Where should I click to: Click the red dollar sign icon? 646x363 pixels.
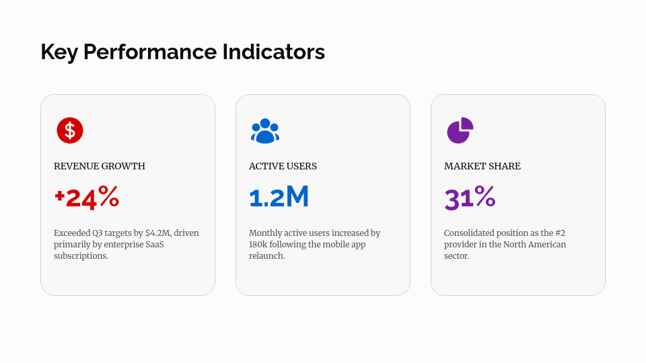tap(70, 130)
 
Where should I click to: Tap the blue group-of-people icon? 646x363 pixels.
tap(265, 130)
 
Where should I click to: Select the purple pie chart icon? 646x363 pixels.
tap(460, 130)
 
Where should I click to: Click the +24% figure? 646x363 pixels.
tap(87, 198)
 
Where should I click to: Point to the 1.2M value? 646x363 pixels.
tap(279, 198)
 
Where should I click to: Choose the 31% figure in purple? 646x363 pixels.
tap(470, 198)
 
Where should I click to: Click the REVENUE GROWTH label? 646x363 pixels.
tap(100, 166)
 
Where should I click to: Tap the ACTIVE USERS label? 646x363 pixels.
tap(283, 166)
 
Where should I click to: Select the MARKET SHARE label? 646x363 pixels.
tap(482, 166)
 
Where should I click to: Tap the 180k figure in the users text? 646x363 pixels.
tap(260, 245)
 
